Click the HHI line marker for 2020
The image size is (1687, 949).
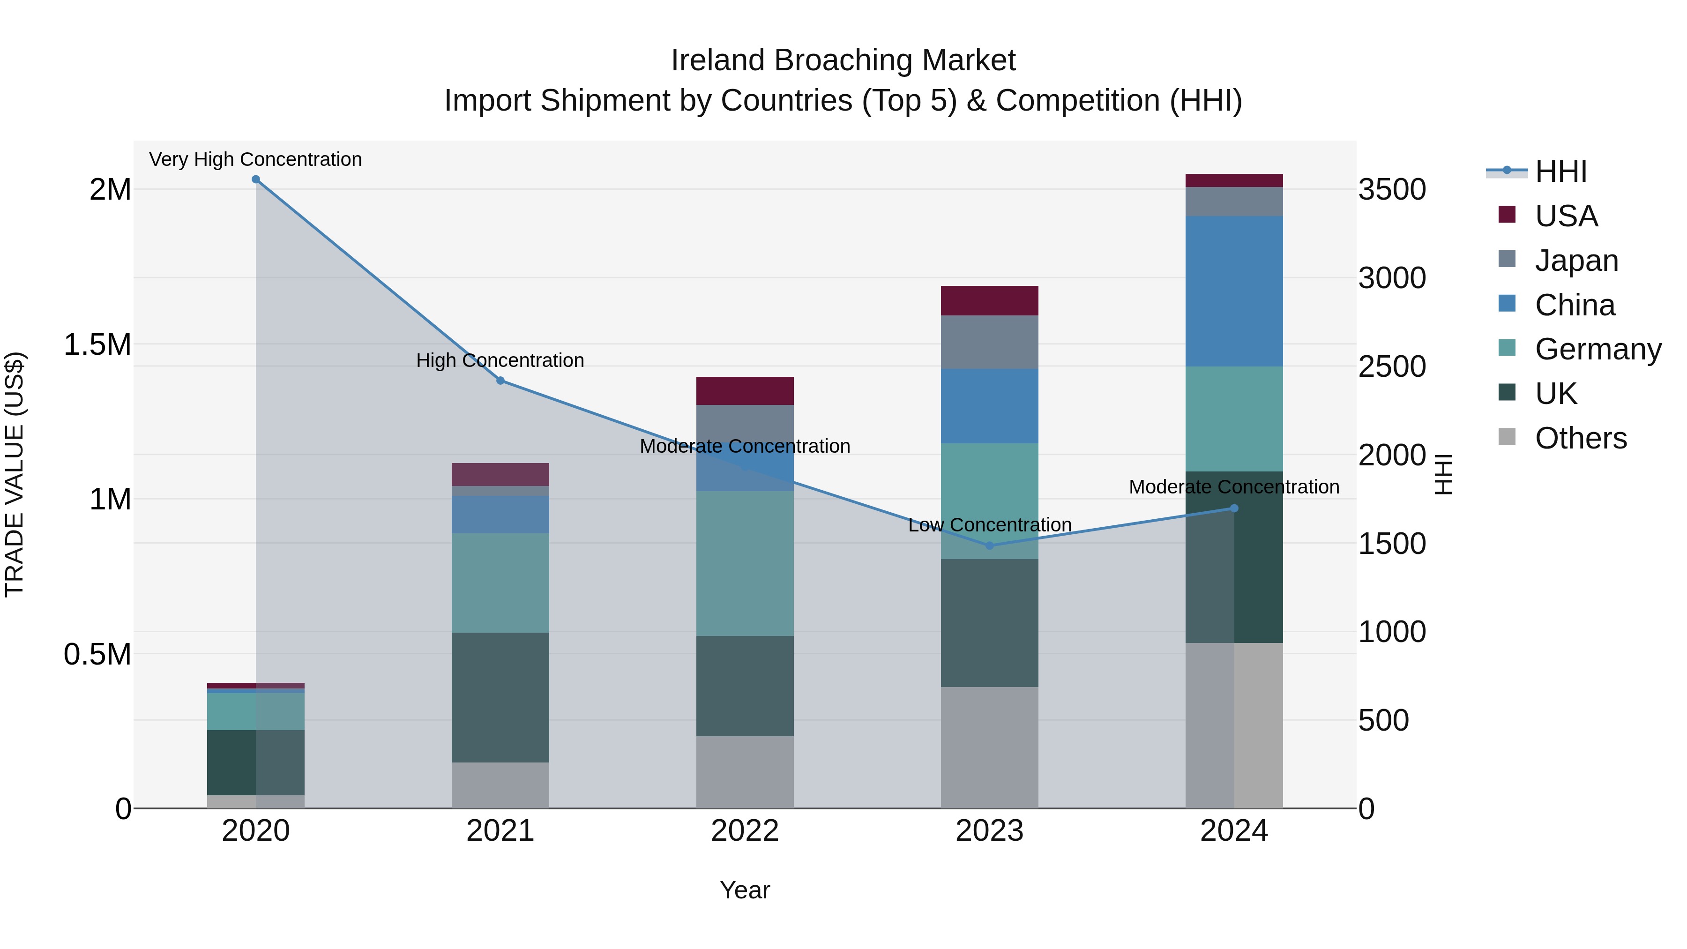(256, 179)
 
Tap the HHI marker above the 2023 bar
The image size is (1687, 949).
(990, 545)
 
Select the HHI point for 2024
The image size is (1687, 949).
(1234, 508)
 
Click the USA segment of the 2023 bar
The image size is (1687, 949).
(990, 300)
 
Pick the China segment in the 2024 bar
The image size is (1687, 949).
(1234, 291)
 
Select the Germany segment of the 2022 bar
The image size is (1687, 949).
(745, 563)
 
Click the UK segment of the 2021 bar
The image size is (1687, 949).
(500, 697)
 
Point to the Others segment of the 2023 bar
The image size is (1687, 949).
(990, 747)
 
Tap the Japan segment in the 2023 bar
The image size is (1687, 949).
(990, 342)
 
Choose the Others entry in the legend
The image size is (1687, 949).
(1580, 438)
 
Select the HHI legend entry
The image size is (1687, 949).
(1560, 172)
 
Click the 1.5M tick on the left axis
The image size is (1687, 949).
(97, 344)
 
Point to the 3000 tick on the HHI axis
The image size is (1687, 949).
(1392, 278)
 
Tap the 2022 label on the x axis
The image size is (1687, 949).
(745, 831)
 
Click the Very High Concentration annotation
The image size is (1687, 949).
(255, 159)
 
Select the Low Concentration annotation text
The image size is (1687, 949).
(990, 524)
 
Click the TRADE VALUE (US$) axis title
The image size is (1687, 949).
(15, 474)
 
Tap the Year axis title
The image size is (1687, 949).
(745, 890)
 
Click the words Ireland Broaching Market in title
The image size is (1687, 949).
(843, 60)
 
